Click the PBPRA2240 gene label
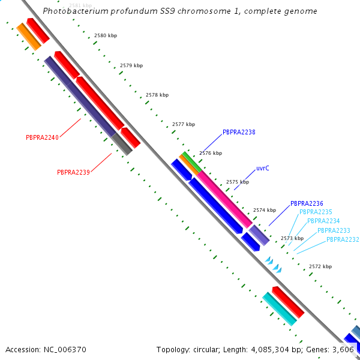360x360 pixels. (x=42, y=137)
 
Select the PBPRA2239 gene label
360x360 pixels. (x=73, y=172)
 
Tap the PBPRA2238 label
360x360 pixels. (x=239, y=132)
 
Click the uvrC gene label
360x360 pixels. (x=263, y=168)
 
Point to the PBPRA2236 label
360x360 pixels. (x=307, y=203)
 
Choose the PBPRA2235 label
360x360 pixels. (x=316, y=212)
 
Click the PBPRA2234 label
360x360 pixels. (x=323, y=221)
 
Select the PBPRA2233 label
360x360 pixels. (x=334, y=230)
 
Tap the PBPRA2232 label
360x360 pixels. (x=343, y=239)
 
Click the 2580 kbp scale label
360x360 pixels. (x=106, y=35)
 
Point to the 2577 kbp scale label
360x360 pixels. (x=184, y=124)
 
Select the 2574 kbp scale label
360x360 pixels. (x=265, y=210)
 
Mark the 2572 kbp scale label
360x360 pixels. (x=320, y=266)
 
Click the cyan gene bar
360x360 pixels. (x=280, y=309)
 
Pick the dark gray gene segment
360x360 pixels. (x=122, y=144)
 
